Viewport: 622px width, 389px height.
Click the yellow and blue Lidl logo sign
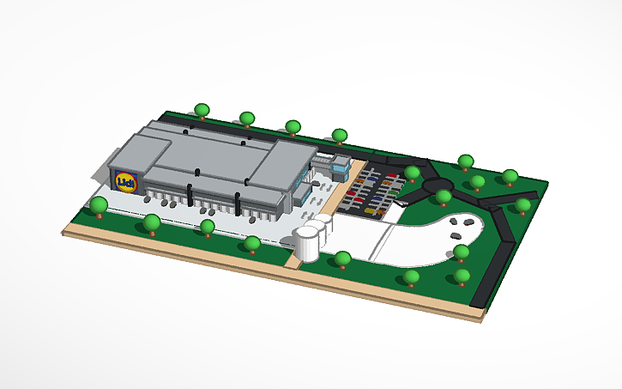pos(127,181)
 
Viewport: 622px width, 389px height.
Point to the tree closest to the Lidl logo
pos(100,205)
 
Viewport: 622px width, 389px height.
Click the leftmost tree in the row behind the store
pos(202,110)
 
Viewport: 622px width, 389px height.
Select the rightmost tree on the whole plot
pos(522,205)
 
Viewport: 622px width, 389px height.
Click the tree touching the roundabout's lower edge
pos(444,197)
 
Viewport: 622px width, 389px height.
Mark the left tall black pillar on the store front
pos(190,192)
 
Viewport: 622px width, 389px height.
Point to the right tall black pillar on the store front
pos(238,204)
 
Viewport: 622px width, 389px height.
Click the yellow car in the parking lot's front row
pos(370,210)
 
